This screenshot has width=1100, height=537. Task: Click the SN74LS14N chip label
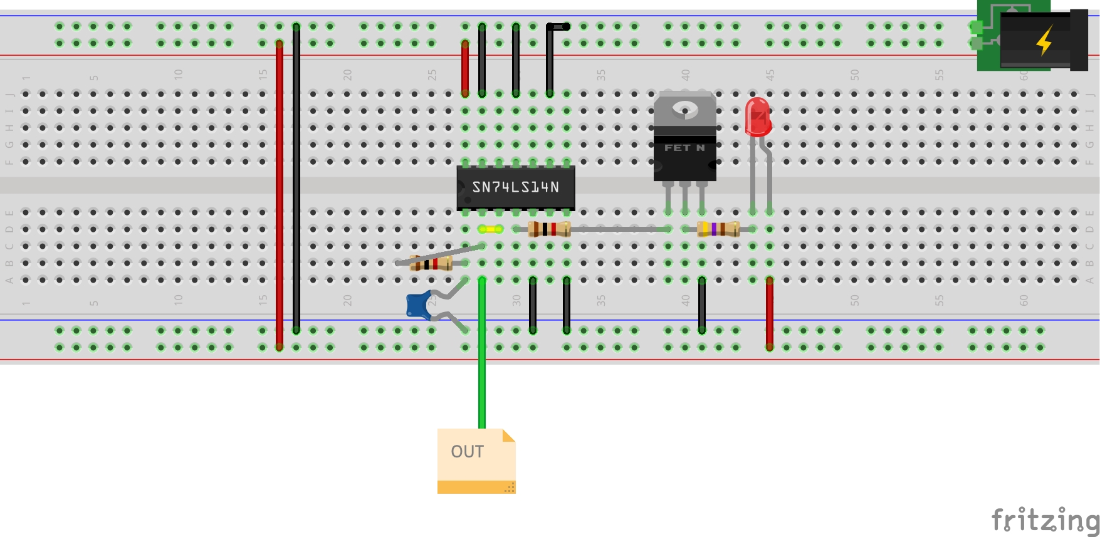click(x=515, y=187)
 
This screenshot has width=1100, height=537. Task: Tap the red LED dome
click(x=757, y=115)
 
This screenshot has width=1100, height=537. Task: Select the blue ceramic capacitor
click(x=417, y=305)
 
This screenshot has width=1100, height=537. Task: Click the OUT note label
click(x=468, y=452)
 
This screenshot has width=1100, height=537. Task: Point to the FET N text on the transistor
click(x=684, y=148)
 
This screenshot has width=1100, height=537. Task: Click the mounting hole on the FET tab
click(x=684, y=110)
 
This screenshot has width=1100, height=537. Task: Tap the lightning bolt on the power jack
click(x=1044, y=41)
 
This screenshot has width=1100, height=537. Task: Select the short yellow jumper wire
click(x=490, y=229)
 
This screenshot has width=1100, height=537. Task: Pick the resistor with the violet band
click(x=718, y=229)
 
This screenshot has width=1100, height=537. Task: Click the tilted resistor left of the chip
click(x=431, y=263)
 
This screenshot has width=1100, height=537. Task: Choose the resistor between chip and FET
click(x=549, y=229)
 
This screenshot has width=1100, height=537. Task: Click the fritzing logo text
click(x=1045, y=520)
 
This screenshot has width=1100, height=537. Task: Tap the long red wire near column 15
click(x=280, y=194)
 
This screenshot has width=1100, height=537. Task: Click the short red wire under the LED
click(x=769, y=313)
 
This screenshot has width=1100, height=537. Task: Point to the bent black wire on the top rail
click(x=550, y=56)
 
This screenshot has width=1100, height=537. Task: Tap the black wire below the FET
click(x=702, y=305)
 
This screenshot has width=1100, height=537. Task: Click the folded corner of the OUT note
click(x=508, y=435)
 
